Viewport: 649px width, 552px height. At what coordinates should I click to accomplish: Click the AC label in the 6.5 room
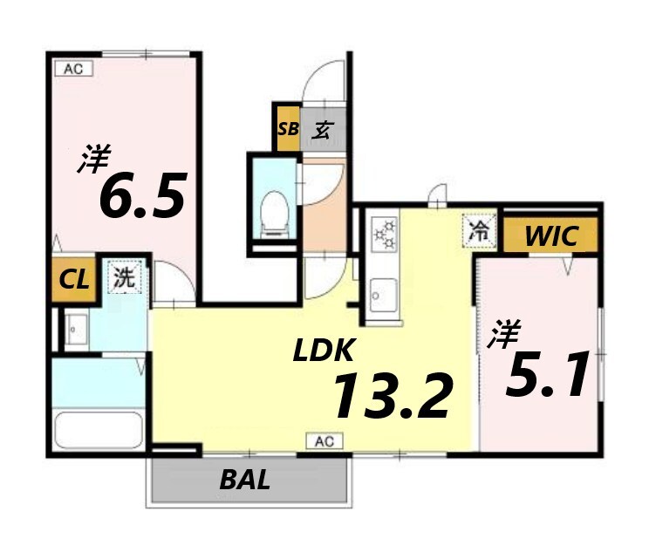(x=73, y=69)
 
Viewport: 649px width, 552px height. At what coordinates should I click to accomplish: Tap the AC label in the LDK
(x=324, y=441)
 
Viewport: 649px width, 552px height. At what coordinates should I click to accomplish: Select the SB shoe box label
(x=288, y=129)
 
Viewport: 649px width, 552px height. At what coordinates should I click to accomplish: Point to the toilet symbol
(x=275, y=214)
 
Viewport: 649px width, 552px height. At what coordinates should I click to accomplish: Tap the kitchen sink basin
(x=384, y=295)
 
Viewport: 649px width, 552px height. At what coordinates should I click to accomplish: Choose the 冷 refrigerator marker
(x=479, y=231)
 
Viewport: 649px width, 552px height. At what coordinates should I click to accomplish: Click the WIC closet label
(x=551, y=236)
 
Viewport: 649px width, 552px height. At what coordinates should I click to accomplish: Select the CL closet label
(x=74, y=280)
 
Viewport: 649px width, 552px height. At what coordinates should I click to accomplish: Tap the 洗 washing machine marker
(x=125, y=276)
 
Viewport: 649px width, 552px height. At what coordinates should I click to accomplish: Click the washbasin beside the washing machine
(x=77, y=330)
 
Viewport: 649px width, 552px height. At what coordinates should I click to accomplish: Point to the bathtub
(x=99, y=430)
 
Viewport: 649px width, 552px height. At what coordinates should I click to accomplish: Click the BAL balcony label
(x=245, y=480)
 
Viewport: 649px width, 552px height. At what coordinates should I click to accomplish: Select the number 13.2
(x=392, y=396)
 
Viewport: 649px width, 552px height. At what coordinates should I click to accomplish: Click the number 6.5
(x=142, y=194)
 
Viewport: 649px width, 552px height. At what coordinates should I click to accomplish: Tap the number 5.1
(x=547, y=374)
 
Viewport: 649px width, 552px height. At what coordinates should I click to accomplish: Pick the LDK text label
(x=324, y=350)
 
